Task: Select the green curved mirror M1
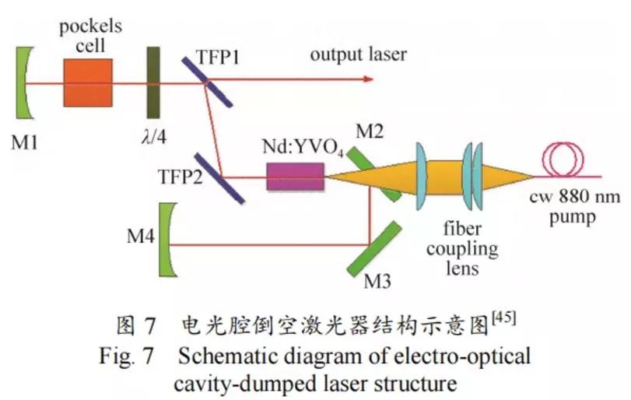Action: coord(26,81)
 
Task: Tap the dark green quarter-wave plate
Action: coord(153,81)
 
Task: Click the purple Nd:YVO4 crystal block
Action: coord(295,177)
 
